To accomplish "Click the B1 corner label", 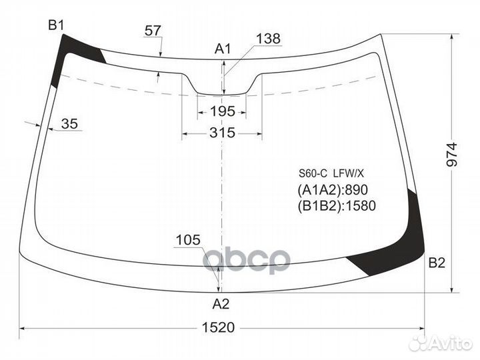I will [x=56, y=25].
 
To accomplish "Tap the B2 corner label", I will [x=436, y=263].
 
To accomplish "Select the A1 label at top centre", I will [x=222, y=48].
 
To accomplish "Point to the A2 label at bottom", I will [x=221, y=305].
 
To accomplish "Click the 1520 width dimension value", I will [x=219, y=327].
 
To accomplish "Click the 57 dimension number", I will [x=153, y=30].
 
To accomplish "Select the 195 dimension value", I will [x=222, y=111].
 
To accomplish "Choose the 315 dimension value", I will [x=222, y=133].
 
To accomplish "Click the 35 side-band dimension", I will [x=69, y=123].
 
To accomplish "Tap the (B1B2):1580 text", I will [x=337, y=206].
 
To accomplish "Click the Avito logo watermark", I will [x=440, y=343].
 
